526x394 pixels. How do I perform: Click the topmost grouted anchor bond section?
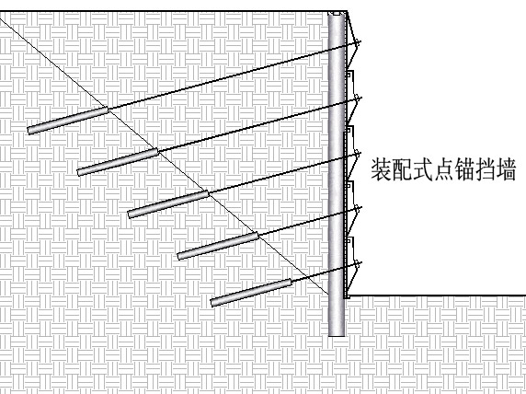click(68, 121)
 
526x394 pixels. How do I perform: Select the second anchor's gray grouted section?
click(118, 162)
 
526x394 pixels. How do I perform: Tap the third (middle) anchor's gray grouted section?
click(168, 203)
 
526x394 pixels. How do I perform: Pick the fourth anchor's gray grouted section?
click(218, 246)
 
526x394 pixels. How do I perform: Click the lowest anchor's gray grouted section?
click(251, 292)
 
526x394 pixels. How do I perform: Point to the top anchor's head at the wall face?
click(358, 42)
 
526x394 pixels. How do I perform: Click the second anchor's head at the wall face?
click(358, 98)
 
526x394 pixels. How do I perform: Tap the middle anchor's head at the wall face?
click(358, 154)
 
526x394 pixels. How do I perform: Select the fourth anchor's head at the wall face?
click(358, 209)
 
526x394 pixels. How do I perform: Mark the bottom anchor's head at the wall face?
click(358, 265)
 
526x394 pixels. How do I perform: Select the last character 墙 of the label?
click(506, 170)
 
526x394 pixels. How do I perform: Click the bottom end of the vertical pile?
click(337, 334)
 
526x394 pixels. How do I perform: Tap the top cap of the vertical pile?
click(337, 14)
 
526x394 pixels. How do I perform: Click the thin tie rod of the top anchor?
click(232, 75)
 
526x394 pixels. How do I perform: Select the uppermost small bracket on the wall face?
click(349, 75)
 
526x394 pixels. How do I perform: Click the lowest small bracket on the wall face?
click(349, 241)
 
